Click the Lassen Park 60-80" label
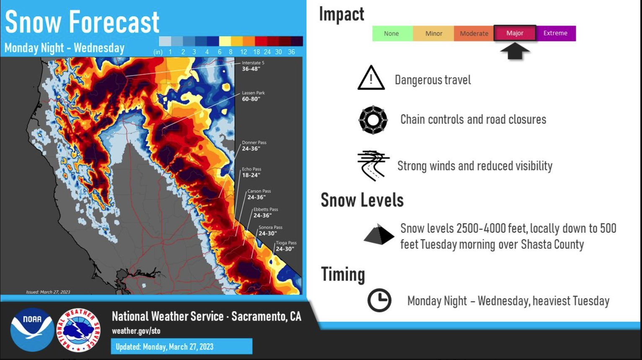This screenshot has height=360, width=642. click(x=253, y=96)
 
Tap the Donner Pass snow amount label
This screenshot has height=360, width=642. click(x=254, y=145)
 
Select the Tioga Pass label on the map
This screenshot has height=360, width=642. click(x=286, y=246)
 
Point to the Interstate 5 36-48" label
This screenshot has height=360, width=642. click(x=253, y=66)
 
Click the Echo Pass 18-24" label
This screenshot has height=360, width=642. click(x=251, y=172)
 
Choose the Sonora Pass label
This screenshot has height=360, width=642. click(x=270, y=231)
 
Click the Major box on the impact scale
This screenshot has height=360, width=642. click(x=515, y=33)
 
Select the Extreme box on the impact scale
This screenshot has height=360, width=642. click(x=555, y=33)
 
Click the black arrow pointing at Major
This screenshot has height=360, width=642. click(x=515, y=51)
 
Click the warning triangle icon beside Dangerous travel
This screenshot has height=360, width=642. click(x=371, y=78)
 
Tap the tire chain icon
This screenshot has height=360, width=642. click(x=373, y=120)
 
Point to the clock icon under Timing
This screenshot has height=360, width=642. click(x=379, y=300)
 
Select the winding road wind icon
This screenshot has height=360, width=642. click(x=373, y=166)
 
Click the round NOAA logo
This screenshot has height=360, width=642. click(x=32, y=330)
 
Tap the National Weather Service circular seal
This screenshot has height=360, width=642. click(x=78, y=330)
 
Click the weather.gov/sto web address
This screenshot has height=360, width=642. click(x=136, y=331)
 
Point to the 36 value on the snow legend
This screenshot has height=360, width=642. click(x=291, y=52)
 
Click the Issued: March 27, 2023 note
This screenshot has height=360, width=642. click(x=48, y=292)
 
